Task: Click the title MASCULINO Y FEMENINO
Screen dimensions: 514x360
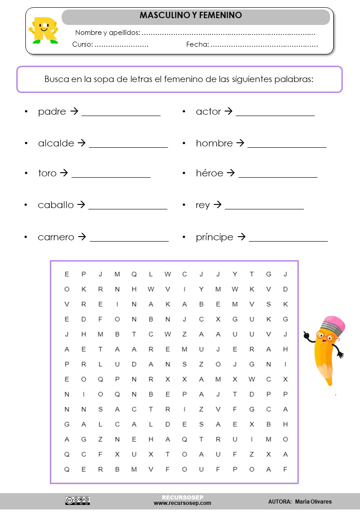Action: tap(190, 15)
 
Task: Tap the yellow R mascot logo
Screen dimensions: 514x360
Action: tap(44, 30)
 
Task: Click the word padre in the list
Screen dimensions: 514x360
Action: tap(52, 112)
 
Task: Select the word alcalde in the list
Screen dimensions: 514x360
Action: tap(56, 143)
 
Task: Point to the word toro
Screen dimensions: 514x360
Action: tap(47, 173)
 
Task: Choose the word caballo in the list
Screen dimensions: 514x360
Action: tap(56, 205)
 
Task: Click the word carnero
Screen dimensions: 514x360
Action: tap(56, 237)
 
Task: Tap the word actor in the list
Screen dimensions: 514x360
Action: tap(209, 112)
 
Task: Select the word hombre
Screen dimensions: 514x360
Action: tap(214, 143)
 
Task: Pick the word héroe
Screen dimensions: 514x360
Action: tap(209, 173)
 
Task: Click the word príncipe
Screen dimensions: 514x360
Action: tap(215, 237)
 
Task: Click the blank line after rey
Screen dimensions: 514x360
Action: tap(264, 209)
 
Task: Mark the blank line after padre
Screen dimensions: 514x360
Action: tap(121, 115)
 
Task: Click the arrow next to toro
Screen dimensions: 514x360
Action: tap(64, 173)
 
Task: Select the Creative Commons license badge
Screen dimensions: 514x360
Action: tap(78, 500)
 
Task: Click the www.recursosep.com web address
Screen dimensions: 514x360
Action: tap(182, 503)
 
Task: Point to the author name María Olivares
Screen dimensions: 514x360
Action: tap(313, 502)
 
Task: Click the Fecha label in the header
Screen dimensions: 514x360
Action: tap(198, 44)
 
